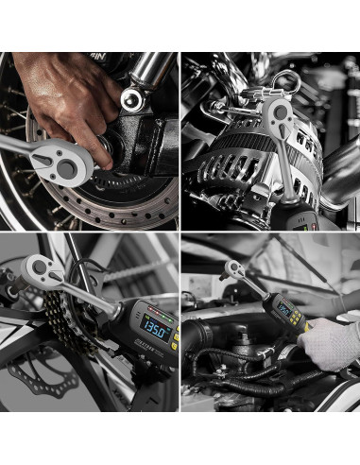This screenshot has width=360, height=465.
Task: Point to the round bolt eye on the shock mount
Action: click(x=131, y=99)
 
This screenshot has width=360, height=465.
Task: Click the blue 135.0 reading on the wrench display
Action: click(x=155, y=333)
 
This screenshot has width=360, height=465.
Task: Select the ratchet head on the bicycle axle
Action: click(x=34, y=274)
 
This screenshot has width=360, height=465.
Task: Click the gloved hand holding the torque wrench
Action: click(x=331, y=342)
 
